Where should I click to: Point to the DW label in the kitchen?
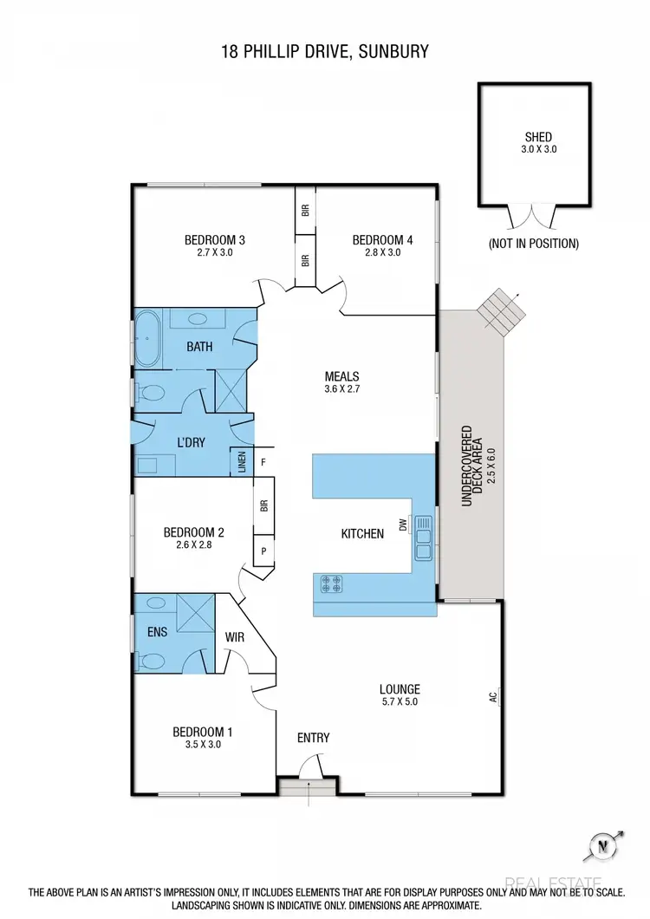403,525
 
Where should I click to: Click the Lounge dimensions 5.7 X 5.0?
399,703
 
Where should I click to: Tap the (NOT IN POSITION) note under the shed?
533,244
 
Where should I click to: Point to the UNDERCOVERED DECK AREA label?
470,466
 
